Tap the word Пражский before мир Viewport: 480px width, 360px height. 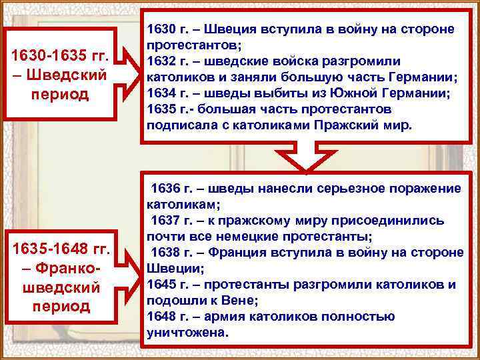click(352, 125)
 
